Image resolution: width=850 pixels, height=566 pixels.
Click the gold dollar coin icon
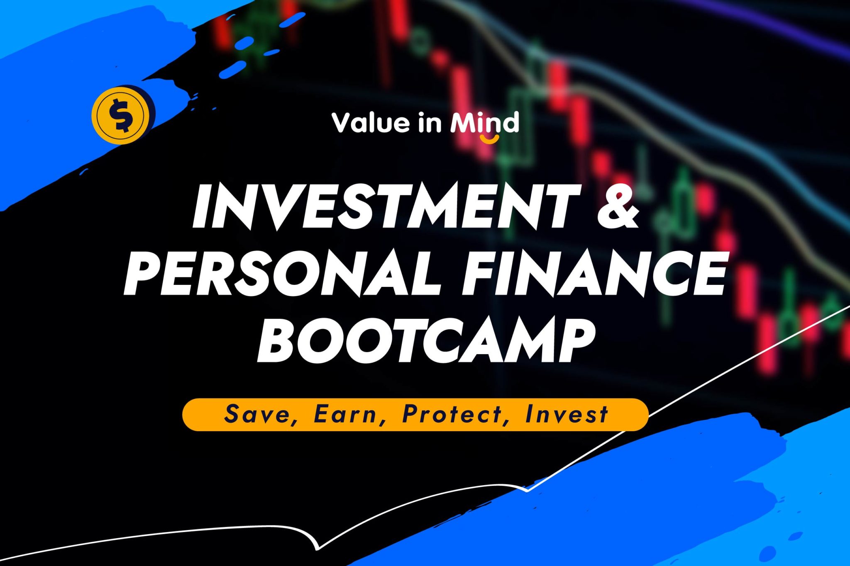121,115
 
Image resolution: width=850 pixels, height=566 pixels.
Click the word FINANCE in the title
595,272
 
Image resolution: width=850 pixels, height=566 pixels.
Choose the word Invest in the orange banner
566,414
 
